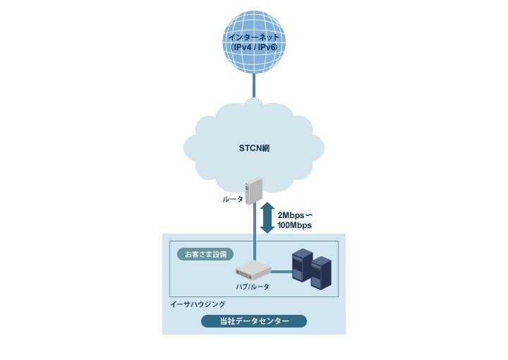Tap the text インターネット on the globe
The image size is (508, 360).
point(254,37)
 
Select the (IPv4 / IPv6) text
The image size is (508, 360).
point(254,47)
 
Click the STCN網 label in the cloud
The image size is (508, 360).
point(254,148)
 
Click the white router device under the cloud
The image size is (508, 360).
point(253,191)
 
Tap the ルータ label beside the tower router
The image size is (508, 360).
point(233,199)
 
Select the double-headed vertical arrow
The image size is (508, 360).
point(267,217)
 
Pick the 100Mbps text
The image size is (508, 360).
point(294,225)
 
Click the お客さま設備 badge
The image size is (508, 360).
point(206,254)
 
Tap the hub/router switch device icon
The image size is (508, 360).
point(253,270)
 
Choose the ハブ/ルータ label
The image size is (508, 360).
point(253,287)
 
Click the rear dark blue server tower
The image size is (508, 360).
point(302,264)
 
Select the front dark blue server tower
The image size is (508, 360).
point(321,272)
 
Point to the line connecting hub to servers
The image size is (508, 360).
point(282,272)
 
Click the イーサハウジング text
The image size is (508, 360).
point(198,304)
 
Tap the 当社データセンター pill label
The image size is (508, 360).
point(254,321)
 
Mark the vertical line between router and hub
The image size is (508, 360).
point(254,232)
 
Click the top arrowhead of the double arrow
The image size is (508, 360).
point(267,205)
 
